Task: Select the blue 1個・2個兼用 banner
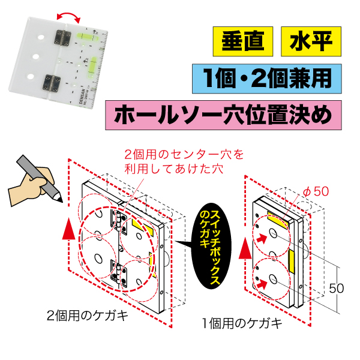271,78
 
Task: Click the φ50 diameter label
315,191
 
